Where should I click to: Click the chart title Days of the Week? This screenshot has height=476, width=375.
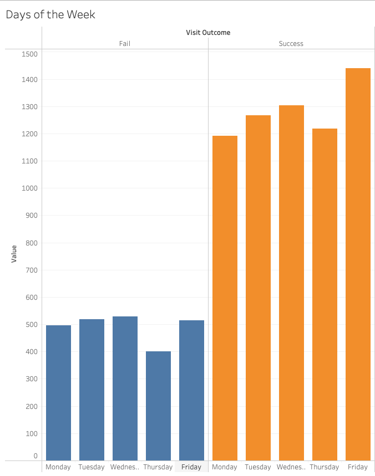(x=50, y=14)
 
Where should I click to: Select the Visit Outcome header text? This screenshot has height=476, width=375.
(x=208, y=33)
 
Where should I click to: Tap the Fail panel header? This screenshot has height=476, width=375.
(x=125, y=44)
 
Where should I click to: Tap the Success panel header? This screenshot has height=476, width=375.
(x=291, y=44)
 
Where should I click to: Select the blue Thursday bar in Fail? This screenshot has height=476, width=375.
(x=158, y=406)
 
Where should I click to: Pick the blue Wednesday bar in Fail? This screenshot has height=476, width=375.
(x=125, y=388)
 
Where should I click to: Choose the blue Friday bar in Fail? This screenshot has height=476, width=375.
(x=191, y=390)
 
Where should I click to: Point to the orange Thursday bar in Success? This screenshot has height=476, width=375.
(x=325, y=294)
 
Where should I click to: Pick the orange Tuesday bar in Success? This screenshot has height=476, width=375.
(x=258, y=288)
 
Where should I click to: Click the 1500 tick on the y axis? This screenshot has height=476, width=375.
(x=29, y=54)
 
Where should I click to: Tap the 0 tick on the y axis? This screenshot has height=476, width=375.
(x=35, y=456)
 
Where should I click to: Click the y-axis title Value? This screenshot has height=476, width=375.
(x=14, y=254)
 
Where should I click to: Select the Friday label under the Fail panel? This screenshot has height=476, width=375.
(x=191, y=467)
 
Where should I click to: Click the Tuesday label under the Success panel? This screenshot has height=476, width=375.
(x=258, y=467)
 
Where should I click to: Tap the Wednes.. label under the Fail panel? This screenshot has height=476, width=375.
(x=125, y=467)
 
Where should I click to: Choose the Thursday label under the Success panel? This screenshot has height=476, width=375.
(x=325, y=467)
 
